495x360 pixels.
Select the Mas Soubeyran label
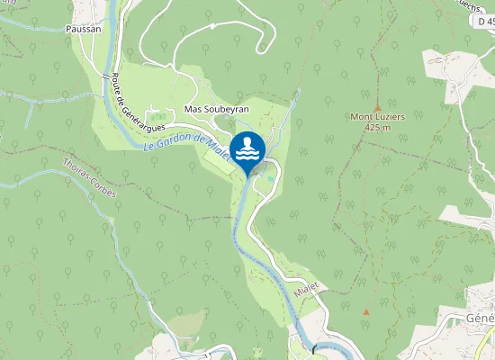215,109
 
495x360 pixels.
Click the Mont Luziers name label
377,117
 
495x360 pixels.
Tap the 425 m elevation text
377,128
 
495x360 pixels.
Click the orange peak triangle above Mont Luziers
377,106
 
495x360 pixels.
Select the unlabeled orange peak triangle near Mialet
366,311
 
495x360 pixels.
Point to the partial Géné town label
480,319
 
